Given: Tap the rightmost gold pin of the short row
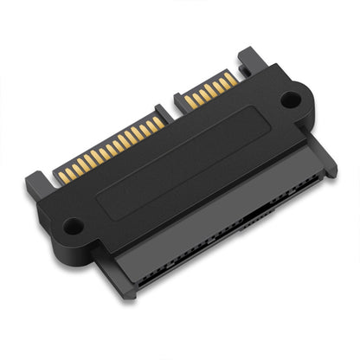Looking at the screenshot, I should click(x=230, y=80).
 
